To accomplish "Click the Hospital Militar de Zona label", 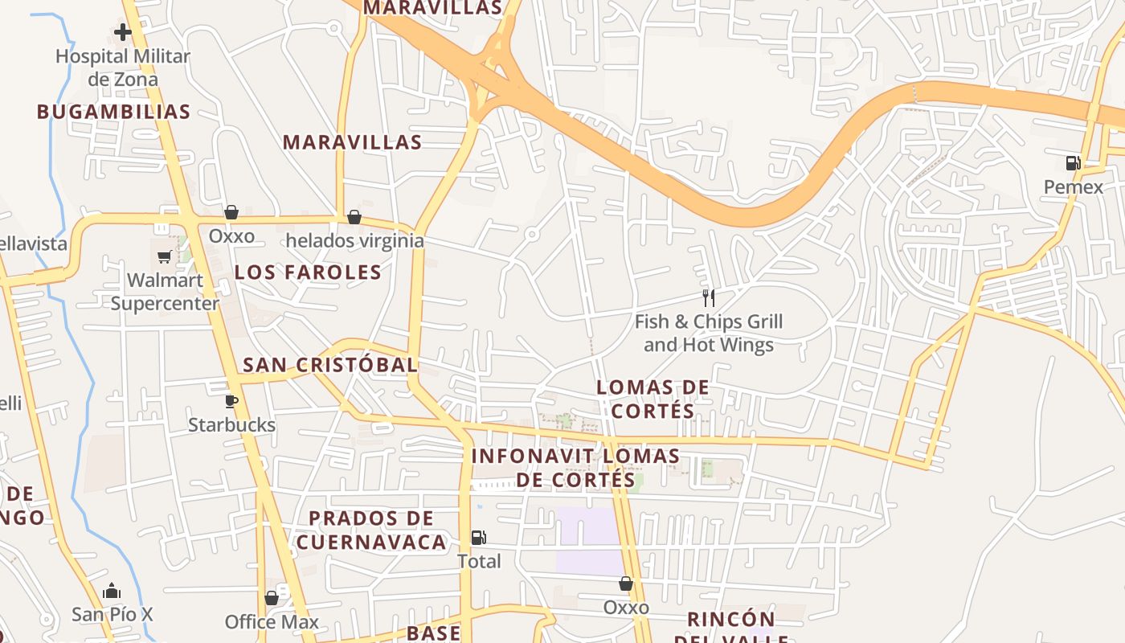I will click(x=123, y=68).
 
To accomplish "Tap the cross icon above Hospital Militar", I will click(x=123, y=32).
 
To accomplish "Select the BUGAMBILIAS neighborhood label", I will click(x=113, y=112).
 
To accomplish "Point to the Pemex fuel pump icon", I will click(x=1073, y=163).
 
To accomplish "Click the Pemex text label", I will click(x=1074, y=187).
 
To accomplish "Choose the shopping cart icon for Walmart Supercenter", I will click(x=165, y=256).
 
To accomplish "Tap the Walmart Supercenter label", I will click(x=165, y=292).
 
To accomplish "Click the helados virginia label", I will click(x=354, y=240).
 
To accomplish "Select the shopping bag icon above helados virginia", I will click(x=354, y=217).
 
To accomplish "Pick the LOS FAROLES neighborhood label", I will click(x=308, y=272).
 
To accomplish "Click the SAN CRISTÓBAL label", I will click(x=330, y=365).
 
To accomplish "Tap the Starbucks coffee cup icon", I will click(x=231, y=401).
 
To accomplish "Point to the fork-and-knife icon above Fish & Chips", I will click(x=708, y=298).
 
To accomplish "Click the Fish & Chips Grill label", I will click(x=708, y=333).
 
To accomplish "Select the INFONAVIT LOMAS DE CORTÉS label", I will click(x=575, y=468).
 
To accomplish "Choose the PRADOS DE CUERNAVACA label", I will click(x=370, y=530).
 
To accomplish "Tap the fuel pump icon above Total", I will click(x=478, y=537).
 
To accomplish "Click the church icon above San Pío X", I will click(x=112, y=592).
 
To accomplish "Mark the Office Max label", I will click(x=272, y=622).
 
